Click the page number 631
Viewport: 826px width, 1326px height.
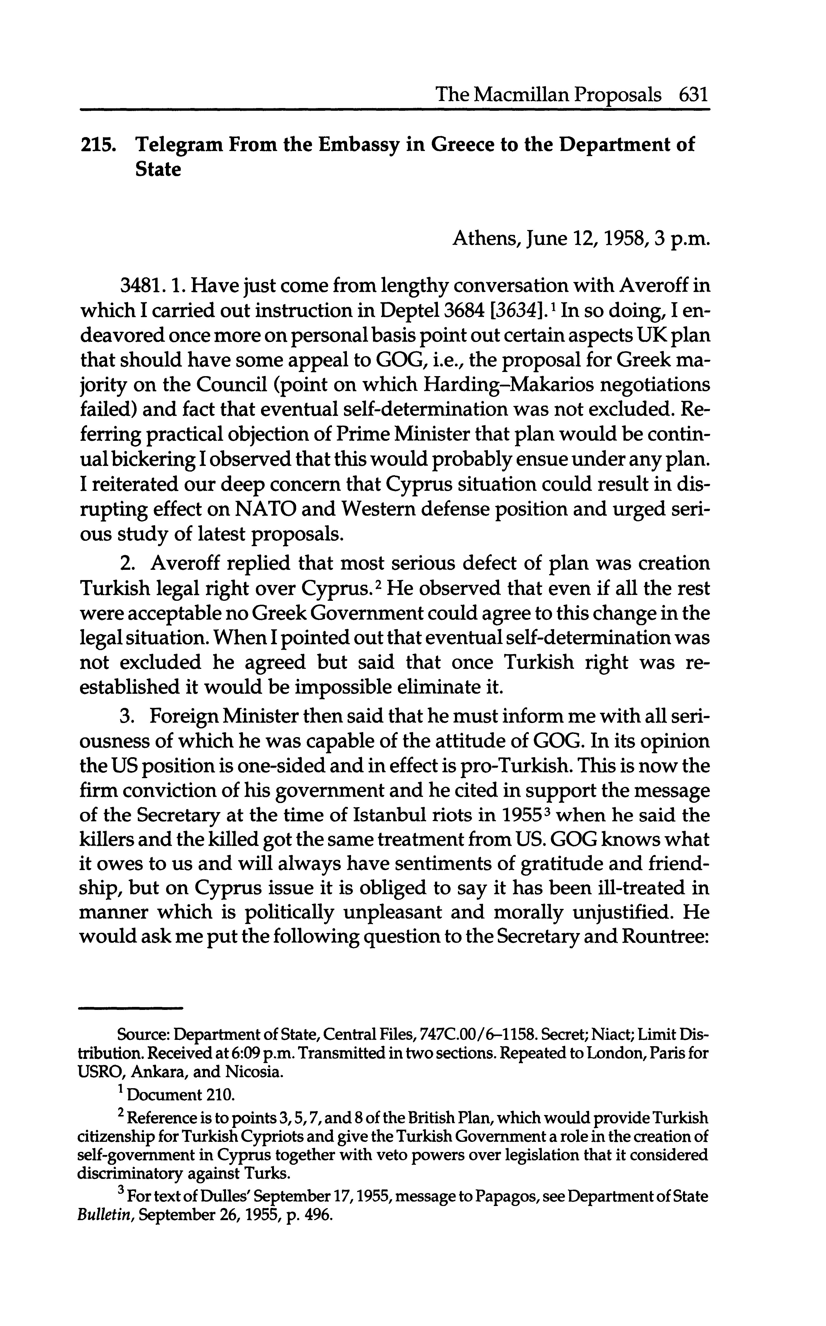click(x=693, y=96)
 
